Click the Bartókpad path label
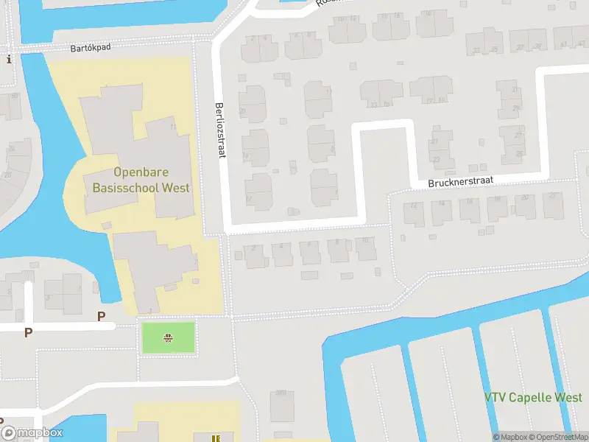(90, 48)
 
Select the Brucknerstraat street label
(461, 181)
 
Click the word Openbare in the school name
(138, 173)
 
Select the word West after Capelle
(568, 398)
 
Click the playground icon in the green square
(169, 338)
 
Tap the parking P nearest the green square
(102, 316)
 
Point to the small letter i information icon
(9, 60)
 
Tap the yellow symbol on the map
(215, 438)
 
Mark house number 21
(435, 141)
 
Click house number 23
(437, 158)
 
